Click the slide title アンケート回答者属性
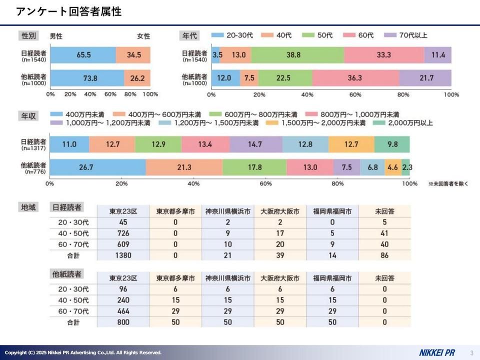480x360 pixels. [68, 11]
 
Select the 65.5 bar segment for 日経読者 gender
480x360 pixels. [83, 55]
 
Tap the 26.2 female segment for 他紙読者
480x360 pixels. [137, 78]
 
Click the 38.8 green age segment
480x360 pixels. [297, 55]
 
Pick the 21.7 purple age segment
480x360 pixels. [425, 78]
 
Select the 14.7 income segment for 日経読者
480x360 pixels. [255, 144]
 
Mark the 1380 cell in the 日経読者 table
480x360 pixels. [123, 255]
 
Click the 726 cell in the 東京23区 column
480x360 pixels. [123, 233]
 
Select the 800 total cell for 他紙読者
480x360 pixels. [123, 322]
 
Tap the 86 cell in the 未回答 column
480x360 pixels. [384, 255]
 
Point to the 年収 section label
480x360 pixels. [28, 116]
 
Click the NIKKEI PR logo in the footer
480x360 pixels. [436, 352]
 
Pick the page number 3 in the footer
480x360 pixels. [471, 352]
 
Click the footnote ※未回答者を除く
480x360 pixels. [447, 184]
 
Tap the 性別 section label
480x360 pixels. [28, 35]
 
